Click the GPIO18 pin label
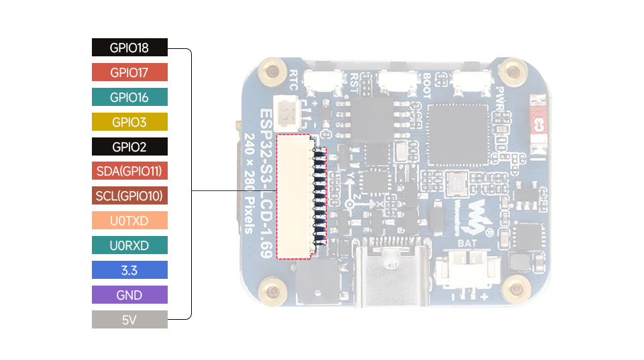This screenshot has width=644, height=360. pyautogui.click(x=129, y=48)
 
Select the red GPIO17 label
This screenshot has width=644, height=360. pyautogui.click(x=129, y=72)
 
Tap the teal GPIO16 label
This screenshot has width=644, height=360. pyautogui.click(x=129, y=97)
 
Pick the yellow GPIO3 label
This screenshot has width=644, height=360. pyautogui.click(x=129, y=122)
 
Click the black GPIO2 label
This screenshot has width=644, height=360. pyautogui.click(x=129, y=147)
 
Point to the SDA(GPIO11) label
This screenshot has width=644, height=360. pyautogui.click(x=129, y=171)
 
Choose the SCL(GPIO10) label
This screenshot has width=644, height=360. pyautogui.click(x=129, y=196)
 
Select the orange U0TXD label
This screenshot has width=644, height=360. pyautogui.click(x=129, y=221)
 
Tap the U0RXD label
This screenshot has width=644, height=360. pyautogui.click(x=129, y=245)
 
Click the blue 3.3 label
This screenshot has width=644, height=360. pyautogui.click(x=129, y=270)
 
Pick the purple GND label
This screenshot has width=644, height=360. pyautogui.click(x=129, y=295)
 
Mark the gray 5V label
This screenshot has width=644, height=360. pyautogui.click(x=129, y=320)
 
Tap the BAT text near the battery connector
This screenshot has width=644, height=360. pyautogui.click(x=466, y=243)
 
